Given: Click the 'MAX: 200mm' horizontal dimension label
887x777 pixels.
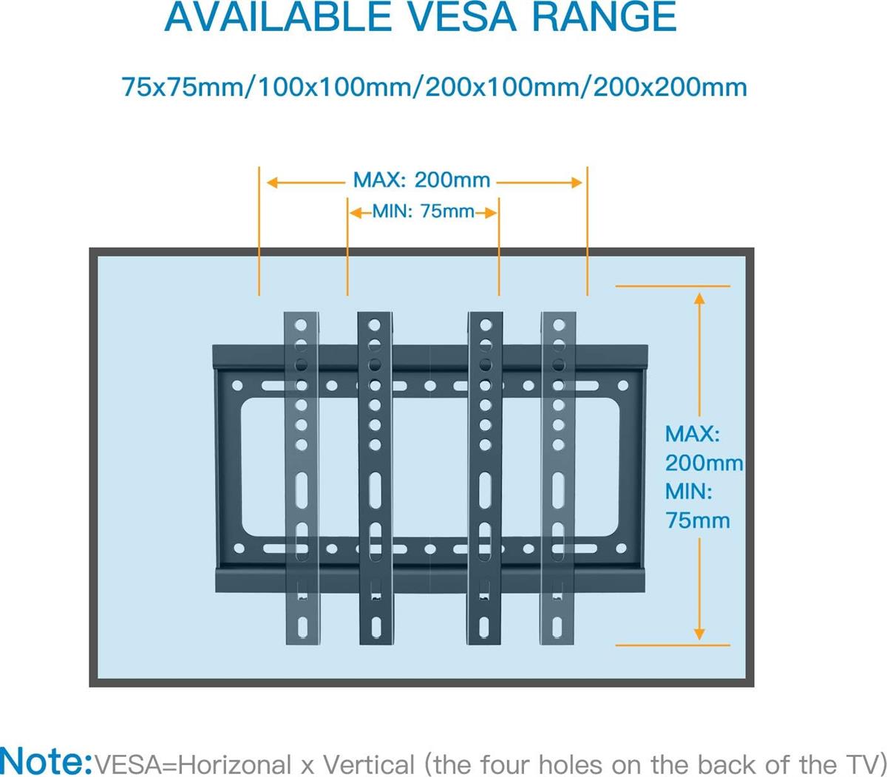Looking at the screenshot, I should pyautogui.click(x=421, y=180).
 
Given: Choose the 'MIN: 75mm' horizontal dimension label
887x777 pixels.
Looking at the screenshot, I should pyautogui.click(x=423, y=211).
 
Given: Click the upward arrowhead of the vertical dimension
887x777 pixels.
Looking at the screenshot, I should pyautogui.click(x=699, y=298).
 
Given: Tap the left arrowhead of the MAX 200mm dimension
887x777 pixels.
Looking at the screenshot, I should pyautogui.click(x=272, y=182).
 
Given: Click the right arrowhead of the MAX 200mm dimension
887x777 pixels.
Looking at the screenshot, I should pyautogui.click(x=577, y=182).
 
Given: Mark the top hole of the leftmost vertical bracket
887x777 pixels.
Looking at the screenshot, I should pyautogui.click(x=301, y=325).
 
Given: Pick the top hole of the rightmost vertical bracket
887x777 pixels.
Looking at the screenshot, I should pyautogui.click(x=558, y=325).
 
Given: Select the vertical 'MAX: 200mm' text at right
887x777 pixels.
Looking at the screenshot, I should pyautogui.click(x=702, y=448).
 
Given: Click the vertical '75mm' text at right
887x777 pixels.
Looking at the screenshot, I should pyautogui.click(x=698, y=520).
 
